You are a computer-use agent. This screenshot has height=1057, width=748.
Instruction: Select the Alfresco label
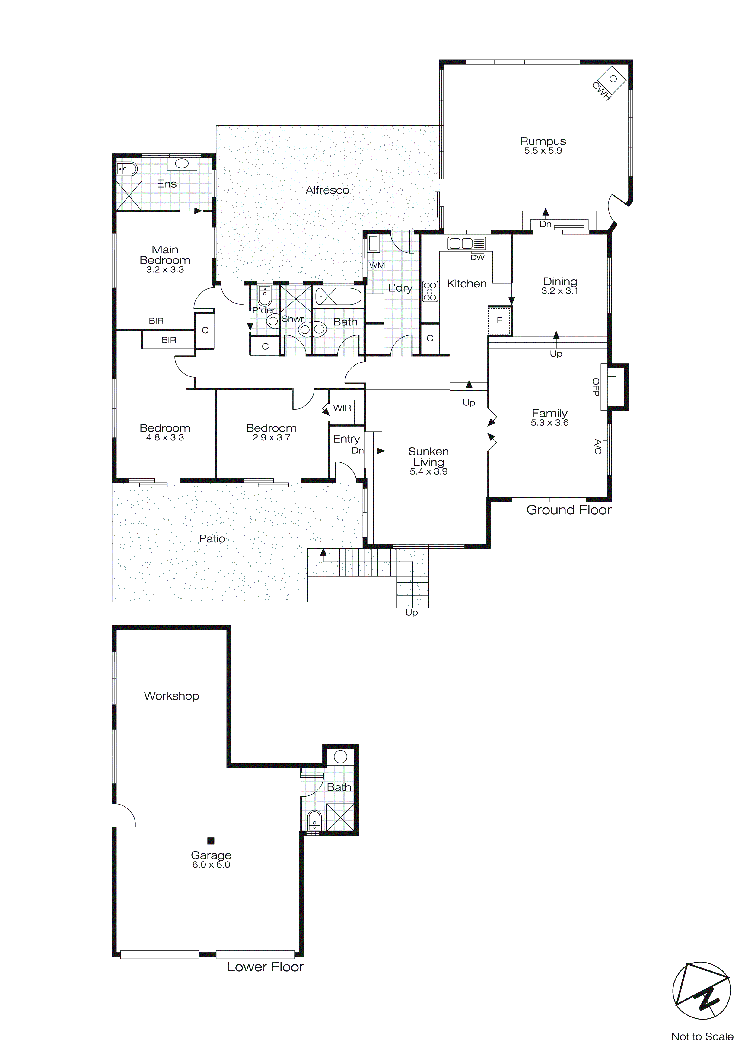pyautogui.click(x=327, y=190)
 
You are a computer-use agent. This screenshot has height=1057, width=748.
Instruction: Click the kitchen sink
pyautogui.click(x=466, y=243)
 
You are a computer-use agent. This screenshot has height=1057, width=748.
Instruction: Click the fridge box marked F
pyautogui.click(x=499, y=320)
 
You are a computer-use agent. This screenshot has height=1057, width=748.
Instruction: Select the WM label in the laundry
pyautogui.click(x=377, y=265)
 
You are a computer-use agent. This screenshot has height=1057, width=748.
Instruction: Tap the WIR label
pyautogui.click(x=342, y=408)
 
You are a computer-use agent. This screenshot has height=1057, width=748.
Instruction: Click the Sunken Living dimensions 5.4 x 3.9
pyautogui.click(x=428, y=471)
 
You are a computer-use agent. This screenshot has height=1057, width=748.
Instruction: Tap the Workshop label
pyautogui.click(x=171, y=696)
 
